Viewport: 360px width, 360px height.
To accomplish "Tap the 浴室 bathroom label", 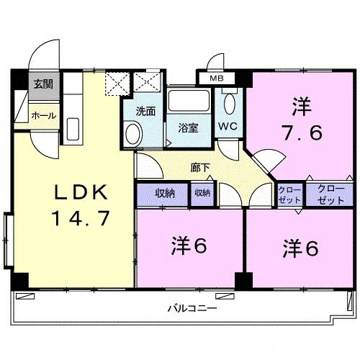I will pyautogui.click(x=189, y=128).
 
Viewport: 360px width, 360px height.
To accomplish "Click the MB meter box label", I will pyautogui.click(x=216, y=79).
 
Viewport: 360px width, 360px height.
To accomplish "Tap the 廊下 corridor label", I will pyautogui.click(x=200, y=167).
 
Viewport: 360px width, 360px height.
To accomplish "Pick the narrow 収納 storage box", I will pyautogui.click(x=202, y=193).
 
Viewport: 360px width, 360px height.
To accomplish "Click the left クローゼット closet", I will pyautogui.click(x=289, y=194).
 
